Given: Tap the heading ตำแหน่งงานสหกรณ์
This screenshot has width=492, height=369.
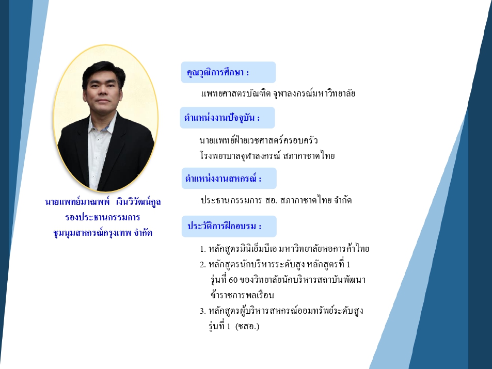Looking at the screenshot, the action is point(223,178).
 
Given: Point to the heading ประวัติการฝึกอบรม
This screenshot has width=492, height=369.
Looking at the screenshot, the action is point(225,226).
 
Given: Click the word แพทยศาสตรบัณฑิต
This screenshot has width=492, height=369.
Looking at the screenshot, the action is point(235,93).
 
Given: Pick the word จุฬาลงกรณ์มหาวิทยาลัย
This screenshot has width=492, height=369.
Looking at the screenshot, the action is point(314,93).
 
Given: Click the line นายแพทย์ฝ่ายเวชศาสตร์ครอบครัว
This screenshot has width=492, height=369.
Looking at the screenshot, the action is point(259,140).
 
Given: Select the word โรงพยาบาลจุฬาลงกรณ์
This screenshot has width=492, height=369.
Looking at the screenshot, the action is point(240,156).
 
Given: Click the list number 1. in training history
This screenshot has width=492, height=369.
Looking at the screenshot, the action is point(203,249).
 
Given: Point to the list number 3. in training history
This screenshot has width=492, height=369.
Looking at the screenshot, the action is point(203,311).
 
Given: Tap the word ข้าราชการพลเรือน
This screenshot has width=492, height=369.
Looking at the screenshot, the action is point(242,295).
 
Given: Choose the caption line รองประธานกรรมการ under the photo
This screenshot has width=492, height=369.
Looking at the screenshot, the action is point(103,217).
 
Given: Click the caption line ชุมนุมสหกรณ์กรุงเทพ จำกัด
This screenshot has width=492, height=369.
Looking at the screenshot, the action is point(103,233).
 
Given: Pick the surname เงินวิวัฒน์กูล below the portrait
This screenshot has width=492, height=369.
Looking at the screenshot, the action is point(138,201).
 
